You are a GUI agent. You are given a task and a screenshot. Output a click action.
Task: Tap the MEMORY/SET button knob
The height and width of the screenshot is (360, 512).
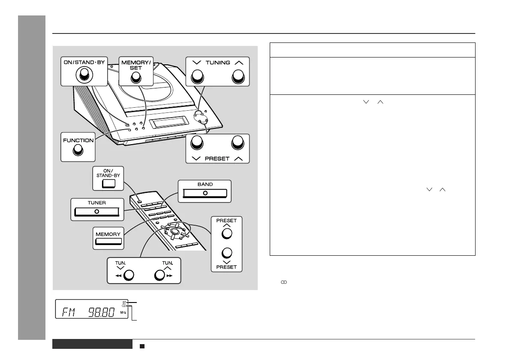[x=136, y=77]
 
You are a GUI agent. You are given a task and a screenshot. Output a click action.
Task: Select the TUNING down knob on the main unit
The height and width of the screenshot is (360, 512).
[x=197, y=77]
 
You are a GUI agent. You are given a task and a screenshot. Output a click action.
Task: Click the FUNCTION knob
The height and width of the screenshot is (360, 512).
[x=78, y=150]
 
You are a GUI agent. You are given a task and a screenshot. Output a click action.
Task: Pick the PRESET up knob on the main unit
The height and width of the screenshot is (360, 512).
[x=237, y=143]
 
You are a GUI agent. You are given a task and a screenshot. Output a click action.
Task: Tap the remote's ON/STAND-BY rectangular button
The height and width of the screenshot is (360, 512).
[x=109, y=185]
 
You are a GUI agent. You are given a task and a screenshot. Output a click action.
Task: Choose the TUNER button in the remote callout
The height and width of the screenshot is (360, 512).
[x=96, y=212]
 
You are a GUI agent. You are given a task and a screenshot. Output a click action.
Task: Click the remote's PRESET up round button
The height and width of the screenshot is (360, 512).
[x=227, y=233]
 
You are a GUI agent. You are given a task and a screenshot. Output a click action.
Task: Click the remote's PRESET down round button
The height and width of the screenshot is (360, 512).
[x=227, y=253]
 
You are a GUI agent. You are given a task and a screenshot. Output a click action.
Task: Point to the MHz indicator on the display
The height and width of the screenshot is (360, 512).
[x=124, y=314]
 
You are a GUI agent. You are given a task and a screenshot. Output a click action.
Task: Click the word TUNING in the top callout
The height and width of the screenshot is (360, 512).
[x=217, y=63]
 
